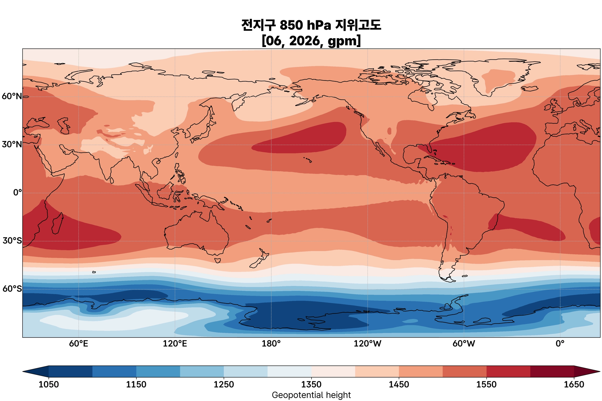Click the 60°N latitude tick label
[12, 96]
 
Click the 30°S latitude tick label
[12, 241]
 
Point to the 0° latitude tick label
[17, 193]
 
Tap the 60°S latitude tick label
[12, 289]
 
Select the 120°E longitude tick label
[175, 344]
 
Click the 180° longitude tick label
[271, 344]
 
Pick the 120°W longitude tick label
[367, 344]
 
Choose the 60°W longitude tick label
[464, 344]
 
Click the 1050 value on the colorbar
[49, 384]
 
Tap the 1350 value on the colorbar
[311, 384]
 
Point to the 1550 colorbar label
[486, 384]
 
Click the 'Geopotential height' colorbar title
[311, 395]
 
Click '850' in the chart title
[291, 26]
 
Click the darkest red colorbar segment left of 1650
[552, 371]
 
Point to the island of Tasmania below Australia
[218, 260]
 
